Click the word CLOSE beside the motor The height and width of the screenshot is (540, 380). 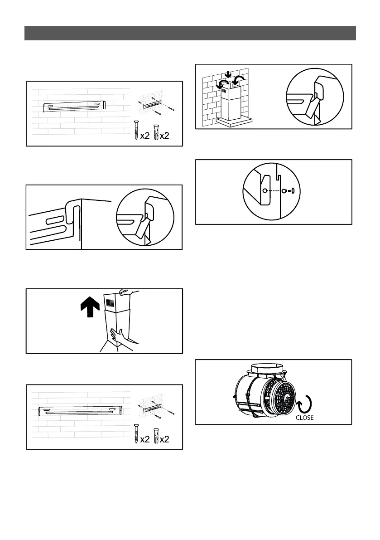tap(304, 418)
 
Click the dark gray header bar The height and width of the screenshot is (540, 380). tap(190, 33)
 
